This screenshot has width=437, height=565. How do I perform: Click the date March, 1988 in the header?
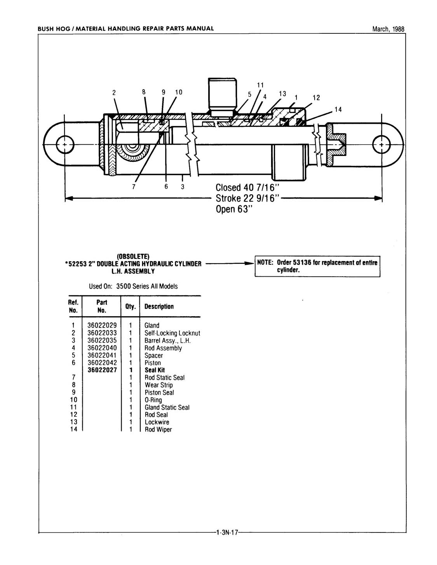tap(388, 29)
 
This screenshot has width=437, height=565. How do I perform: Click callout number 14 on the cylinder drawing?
tap(338, 109)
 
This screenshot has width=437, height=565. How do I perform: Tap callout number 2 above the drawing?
tap(114, 92)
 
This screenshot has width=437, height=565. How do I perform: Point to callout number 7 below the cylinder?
tap(134, 187)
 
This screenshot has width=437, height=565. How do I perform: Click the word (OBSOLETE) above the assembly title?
tap(133, 257)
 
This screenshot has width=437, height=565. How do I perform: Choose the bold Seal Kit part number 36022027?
tap(102, 370)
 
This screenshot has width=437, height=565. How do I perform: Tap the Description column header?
tap(159, 307)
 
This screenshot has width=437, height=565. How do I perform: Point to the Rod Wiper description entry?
tap(158, 430)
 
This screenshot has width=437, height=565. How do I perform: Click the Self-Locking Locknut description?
tap(172, 333)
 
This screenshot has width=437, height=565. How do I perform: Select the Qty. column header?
tap(131, 307)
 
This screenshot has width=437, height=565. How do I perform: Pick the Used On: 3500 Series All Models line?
tap(133, 286)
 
